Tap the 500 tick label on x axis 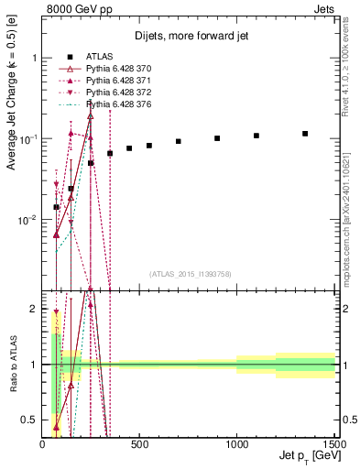(139, 444)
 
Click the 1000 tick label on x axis (236, 444)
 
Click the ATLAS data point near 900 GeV (217, 138)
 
